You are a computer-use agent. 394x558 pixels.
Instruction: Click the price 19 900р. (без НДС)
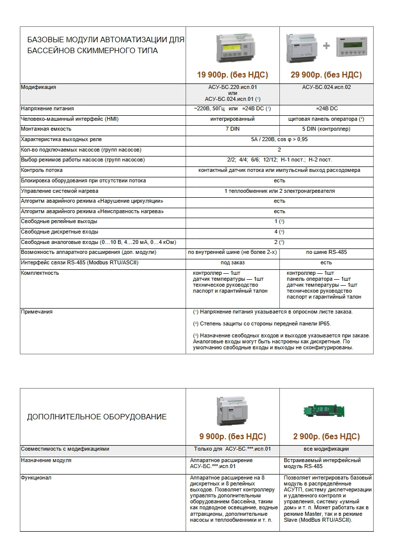point(232,75)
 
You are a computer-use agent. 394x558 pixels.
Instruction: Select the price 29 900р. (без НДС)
point(326,75)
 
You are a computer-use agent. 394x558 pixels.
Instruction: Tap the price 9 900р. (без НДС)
point(232,437)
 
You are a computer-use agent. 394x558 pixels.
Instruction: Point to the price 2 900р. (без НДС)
point(326,437)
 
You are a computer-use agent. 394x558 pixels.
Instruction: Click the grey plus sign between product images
point(326,46)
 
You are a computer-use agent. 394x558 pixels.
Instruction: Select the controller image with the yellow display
point(232,49)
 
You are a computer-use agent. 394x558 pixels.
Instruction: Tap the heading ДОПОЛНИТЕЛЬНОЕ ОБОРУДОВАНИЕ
point(97,417)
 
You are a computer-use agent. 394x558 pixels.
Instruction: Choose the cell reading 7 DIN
point(232,129)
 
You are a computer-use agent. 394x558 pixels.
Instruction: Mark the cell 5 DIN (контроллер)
point(326,129)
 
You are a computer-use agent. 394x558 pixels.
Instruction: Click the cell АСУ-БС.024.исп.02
point(326,87)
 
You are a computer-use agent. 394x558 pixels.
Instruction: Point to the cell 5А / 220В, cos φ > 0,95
point(279,140)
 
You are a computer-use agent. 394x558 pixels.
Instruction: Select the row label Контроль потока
point(42,170)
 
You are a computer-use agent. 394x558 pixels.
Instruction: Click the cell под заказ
point(232,262)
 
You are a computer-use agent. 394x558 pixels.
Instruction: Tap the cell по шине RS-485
point(326,252)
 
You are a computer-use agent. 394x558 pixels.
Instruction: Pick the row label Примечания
point(37,312)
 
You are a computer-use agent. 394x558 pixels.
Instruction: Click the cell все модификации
point(326,449)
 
